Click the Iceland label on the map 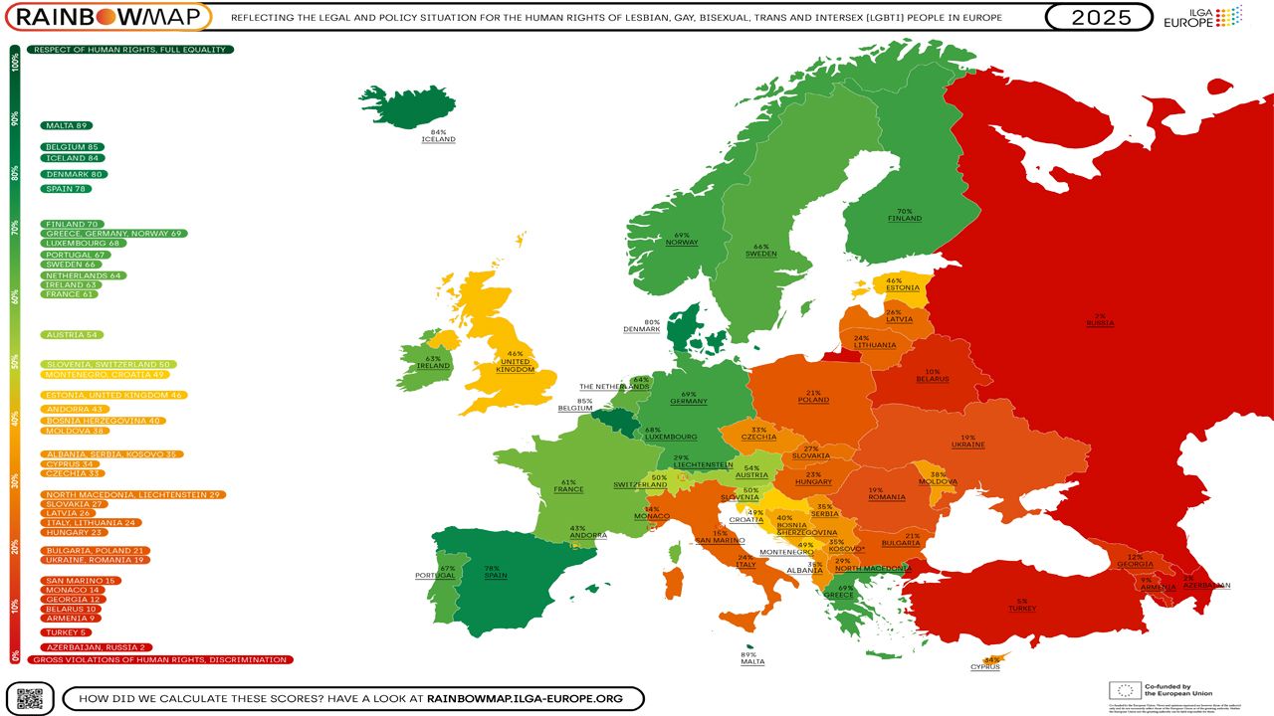438,136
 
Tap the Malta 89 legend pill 67,125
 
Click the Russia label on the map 1101,320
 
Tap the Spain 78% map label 492,573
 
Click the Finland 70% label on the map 904,215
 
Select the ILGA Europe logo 1202,17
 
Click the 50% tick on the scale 15,361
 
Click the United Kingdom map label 515,361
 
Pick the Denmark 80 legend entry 75,174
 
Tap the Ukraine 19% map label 967,442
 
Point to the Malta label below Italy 752,657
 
